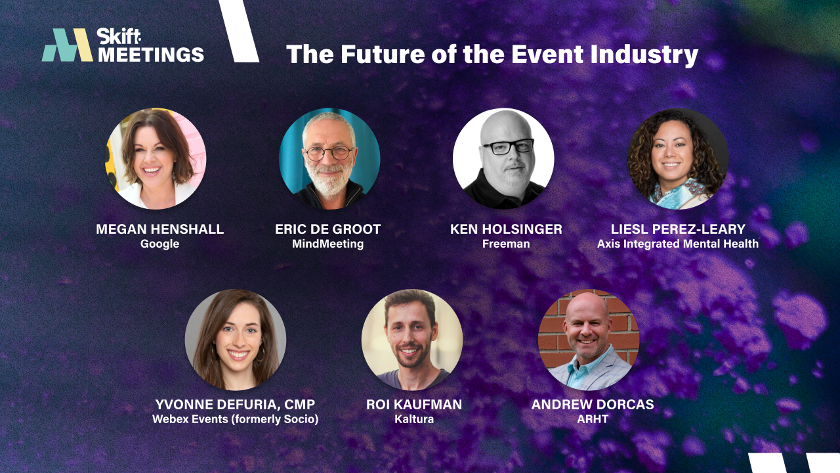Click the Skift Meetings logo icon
coord(67,45)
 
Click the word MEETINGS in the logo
coord(151,54)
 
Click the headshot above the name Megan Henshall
coord(156,158)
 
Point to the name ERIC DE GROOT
coord(328,229)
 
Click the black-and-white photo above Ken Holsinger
coord(503,158)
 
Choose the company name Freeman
coord(506,244)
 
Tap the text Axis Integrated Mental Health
coord(678,244)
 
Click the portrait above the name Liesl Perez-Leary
coord(678,158)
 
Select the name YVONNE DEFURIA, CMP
coord(235,404)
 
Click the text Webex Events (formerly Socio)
coord(235,419)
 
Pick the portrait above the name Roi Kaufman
coord(412,340)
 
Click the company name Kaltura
coord(414,419)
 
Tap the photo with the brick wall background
coord(589,340)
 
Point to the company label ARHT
coord(593,419)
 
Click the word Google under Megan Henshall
coord(159,244)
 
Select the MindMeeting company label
coord(328,244)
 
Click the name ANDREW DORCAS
coord(593,404)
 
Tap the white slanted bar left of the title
coord(239,32)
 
